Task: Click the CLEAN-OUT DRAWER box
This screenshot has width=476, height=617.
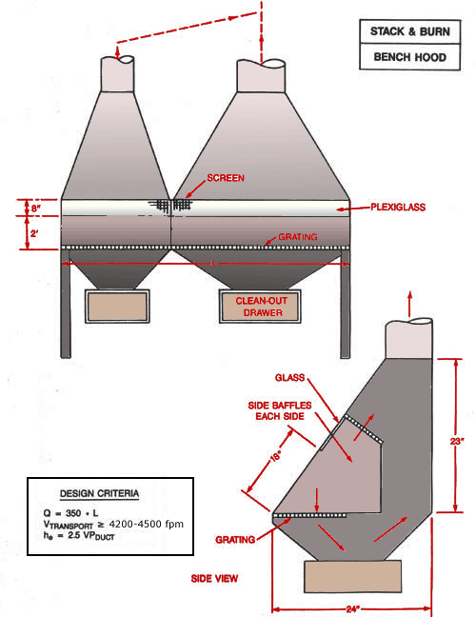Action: (248, 307)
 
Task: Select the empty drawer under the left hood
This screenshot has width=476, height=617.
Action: (118, 307)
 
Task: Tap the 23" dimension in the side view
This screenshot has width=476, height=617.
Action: (457, 441)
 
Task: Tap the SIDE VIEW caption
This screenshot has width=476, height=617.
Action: (214, 578)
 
